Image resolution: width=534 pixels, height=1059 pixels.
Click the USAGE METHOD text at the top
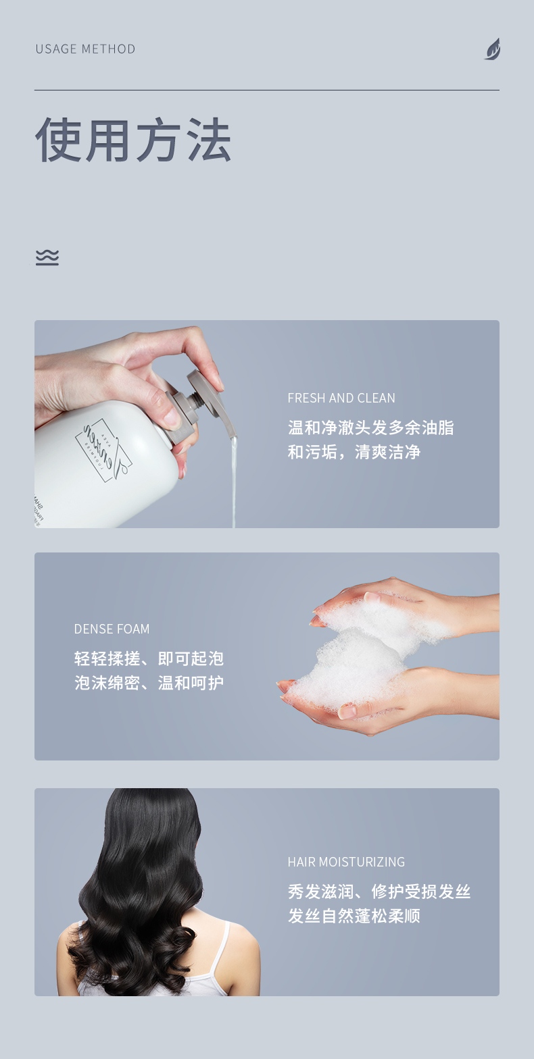pyautogui.click(x=85, y=49)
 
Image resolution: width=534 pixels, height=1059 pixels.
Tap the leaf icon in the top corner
pyautogui.click(x=492, y=49)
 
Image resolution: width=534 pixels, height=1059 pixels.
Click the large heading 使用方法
pyautogui.click(x=133, y=140)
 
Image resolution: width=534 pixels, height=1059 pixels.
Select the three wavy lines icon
pyautogui.click(x=47, y=257)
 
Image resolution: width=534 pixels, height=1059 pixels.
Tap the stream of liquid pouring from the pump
pyautogui.click(x=234, y=480)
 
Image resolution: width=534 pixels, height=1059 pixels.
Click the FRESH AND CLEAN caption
pyautogui.click(x=341, y=398)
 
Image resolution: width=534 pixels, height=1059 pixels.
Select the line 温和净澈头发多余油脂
pyautogui.click(x=371, y=428)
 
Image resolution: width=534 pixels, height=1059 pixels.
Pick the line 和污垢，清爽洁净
pyautogui.click(x=354, y=452)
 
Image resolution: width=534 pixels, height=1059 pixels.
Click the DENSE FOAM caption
pyautogui.click(x=112, y=629)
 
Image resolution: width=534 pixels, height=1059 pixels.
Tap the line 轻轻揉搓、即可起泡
pyautogui.click(x=149, y=658)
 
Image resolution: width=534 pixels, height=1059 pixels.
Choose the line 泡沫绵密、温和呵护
pyautogui.click(x=149, y=683)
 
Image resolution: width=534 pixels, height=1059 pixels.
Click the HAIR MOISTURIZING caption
pyautogui.click(x=346, y=862)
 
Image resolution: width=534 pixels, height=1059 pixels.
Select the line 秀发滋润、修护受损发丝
pyautogui.click(x=379, y=892)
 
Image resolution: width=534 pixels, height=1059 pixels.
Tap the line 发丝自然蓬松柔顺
pyautogui.click(x=354, y=916)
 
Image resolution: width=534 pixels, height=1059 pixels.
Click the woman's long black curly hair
pyautogui.click(x=149, y=878)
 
